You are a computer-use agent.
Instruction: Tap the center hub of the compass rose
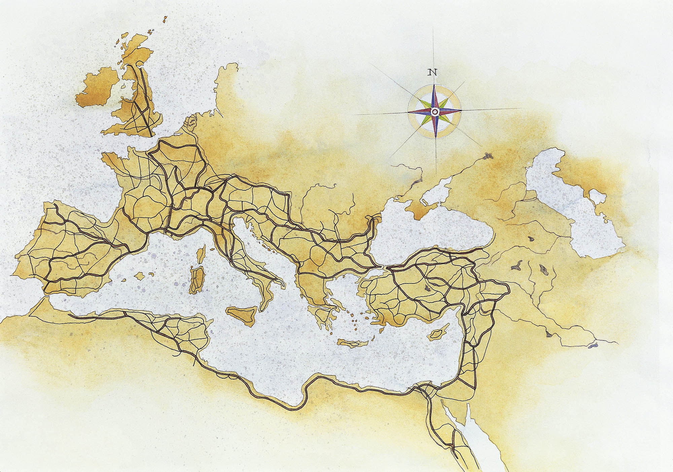point(435,111)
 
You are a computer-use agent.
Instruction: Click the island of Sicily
point(242,315)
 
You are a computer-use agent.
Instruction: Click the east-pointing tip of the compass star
point(461,111)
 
